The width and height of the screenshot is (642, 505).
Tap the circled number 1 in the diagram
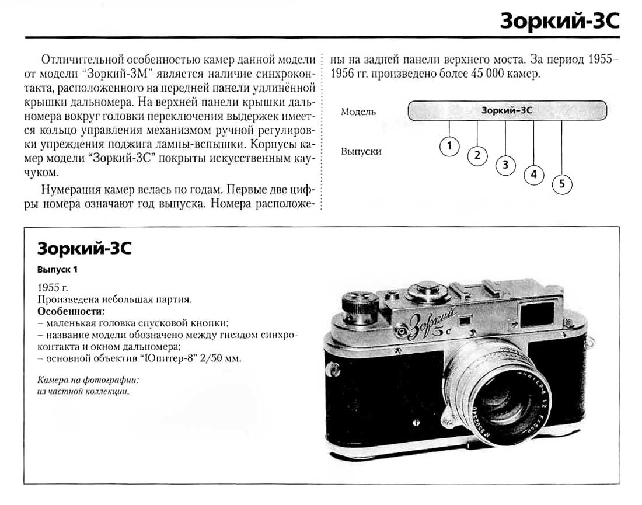(449, 146)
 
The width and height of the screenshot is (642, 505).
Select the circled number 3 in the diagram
(505, 165)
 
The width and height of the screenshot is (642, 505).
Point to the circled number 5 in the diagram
(561, 184)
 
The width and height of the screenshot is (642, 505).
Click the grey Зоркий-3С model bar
(507, 110)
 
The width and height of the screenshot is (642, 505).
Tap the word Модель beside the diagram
(358, 112)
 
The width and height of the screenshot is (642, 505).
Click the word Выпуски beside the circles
(361, 151)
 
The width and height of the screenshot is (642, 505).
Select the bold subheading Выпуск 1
(57, 270)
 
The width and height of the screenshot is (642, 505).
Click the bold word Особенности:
(71, 311)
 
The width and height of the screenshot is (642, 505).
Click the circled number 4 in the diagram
(533, 175)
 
